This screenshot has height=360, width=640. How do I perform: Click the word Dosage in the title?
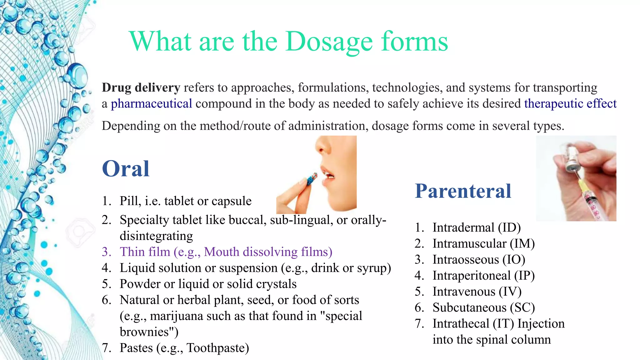(x=329, y=42)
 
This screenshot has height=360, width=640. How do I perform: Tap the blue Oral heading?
(x=126, y=169)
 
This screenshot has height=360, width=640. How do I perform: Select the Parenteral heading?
(x=463, y=191)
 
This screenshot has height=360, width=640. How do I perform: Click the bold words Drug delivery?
(x=141, y=87)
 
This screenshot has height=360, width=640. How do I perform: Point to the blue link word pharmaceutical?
(x=151, y=103)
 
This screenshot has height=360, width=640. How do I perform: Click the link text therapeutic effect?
(x=570, y=103)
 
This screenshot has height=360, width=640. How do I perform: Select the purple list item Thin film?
(x=226, y=252)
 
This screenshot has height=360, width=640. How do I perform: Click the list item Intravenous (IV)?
(x=477, y=292)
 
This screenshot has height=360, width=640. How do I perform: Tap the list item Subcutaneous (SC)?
(x=483, y=307)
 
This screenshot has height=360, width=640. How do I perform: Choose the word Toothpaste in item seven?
(x=218, y=348)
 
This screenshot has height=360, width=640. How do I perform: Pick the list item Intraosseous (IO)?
(x=479, y=260)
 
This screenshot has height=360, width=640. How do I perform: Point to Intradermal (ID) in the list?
(x=476, y=227)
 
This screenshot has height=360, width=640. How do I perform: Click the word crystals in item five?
(x=276, y=284)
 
